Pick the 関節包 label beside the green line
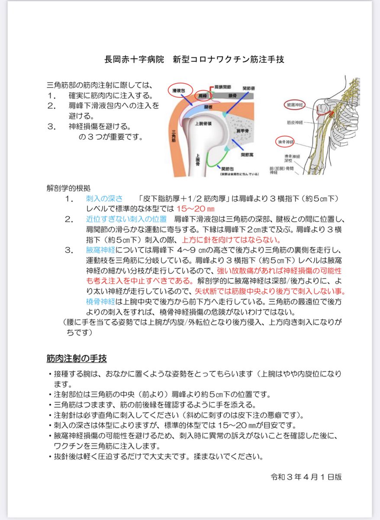[226, 168]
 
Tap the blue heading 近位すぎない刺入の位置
[126, 219]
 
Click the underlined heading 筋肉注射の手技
[77, 359]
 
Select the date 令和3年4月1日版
[306, 476]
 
